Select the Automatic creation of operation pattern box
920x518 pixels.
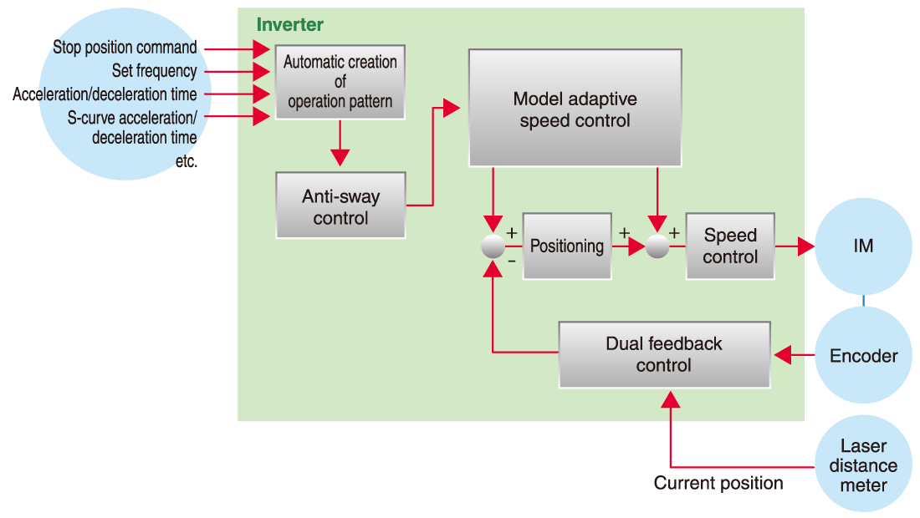340,82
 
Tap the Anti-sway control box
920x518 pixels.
340,206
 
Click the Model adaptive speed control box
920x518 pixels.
575,109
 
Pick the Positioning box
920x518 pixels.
566,246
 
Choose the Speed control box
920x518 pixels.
729,246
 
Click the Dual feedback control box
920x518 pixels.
663,354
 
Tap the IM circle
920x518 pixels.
863,246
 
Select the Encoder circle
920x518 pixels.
863,356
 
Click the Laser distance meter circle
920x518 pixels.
863,465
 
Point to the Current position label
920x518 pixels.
718,483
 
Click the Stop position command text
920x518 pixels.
125,48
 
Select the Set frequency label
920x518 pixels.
155,71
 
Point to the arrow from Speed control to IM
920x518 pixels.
795,246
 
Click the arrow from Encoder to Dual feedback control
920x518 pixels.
794,356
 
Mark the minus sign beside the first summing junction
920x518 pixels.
512,262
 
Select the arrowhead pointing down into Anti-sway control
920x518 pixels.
340,158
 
